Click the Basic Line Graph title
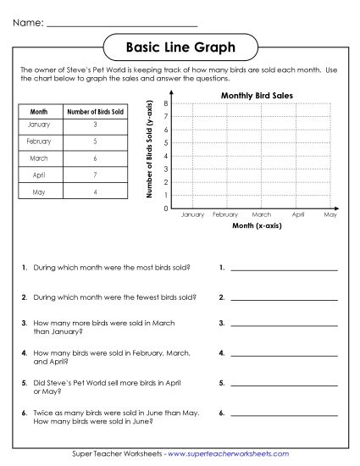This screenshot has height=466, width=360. click(180, 47)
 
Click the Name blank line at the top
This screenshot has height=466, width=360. click(123, 25)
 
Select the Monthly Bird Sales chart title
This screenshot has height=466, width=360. click(257, 96)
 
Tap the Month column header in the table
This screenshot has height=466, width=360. click(38, 110)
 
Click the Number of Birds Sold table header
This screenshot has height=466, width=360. click(95, 110)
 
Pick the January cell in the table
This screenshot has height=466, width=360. click(38, 125)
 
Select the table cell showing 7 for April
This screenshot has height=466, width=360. click(95, 174)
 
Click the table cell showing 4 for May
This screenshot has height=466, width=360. click(95, 191)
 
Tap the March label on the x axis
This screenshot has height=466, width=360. click(261, 216)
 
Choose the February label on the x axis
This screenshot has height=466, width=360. click(225, 216)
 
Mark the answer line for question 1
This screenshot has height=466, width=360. click(284, 269)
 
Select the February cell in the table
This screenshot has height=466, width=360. click(38, 141)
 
